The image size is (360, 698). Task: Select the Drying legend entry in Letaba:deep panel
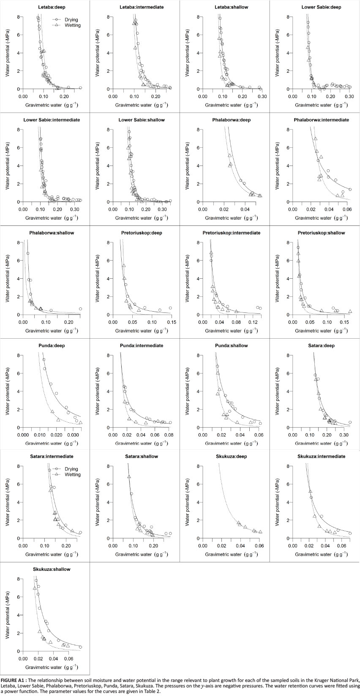(71, 19)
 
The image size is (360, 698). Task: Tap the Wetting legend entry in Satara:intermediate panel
(72, 475)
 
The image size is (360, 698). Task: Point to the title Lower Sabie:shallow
(142, 120)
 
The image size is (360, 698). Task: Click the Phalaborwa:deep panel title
(231, 120)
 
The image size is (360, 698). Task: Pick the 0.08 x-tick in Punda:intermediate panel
(169, 435)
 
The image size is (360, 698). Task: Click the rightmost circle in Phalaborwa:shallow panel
(80, 309)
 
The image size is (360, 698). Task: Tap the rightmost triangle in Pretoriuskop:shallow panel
(350, 311)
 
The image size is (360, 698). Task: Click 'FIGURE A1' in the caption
(14, 680)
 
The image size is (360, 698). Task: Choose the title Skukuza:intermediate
(321, 456)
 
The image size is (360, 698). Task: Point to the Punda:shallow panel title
(231, 345)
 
